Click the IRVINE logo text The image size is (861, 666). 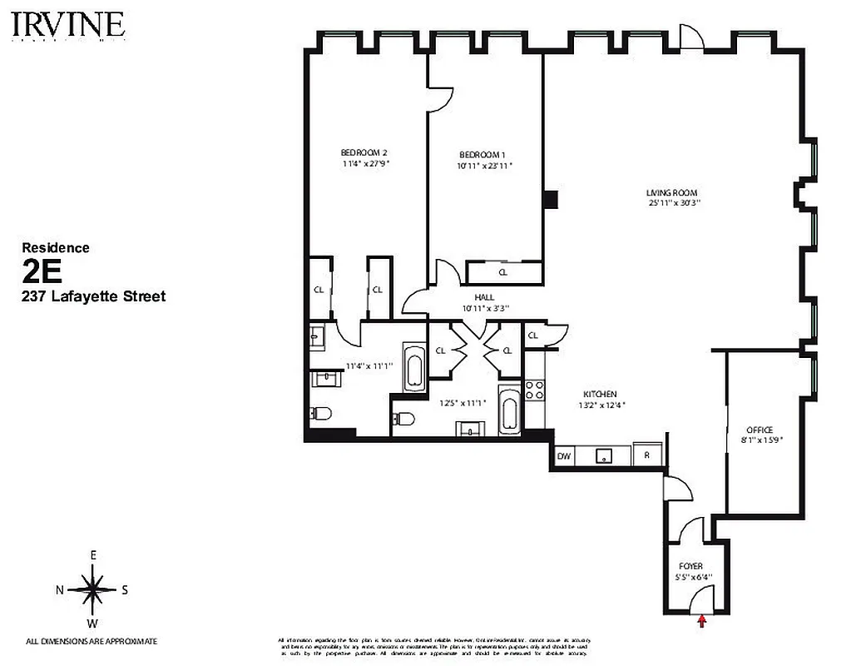[x=69, y=26]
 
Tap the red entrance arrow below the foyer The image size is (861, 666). [x=702, y=619]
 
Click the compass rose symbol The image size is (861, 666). [x=92, y=589]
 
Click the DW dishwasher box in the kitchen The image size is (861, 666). [x=563, y=456]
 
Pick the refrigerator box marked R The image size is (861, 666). [x=646, y=456]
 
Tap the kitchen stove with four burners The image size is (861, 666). [x=534, y=392]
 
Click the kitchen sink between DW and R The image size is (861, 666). [x=602, y=456]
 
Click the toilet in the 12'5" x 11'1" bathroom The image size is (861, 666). [x=403, y=419]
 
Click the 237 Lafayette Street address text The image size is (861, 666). [x=93, y=296]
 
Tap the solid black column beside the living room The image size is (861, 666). [x=549, y=200]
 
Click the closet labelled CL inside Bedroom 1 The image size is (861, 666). [x=503, y=272]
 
